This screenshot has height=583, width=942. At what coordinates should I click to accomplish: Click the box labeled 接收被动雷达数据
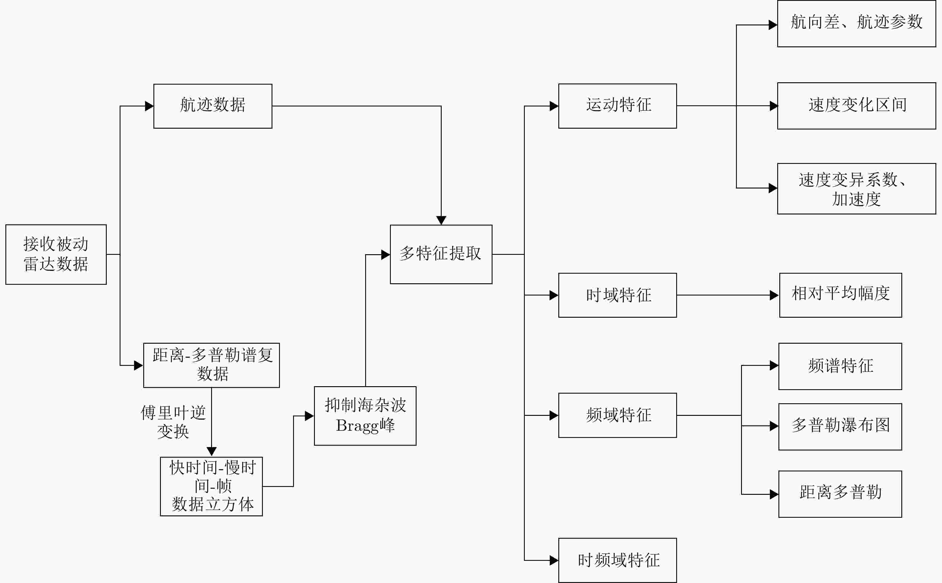coord(56,255)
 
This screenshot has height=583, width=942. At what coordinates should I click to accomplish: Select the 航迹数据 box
coord(213,106)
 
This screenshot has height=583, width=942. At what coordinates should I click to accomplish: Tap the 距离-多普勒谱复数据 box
coord(211,365)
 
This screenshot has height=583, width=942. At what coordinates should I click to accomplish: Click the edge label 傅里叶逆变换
coord(173,421)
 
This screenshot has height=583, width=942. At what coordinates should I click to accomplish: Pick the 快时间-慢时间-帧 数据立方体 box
coord(211,486)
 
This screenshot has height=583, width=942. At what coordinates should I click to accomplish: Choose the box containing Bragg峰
coord(365,416)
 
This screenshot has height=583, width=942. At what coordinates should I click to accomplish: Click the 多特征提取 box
coord(441,255)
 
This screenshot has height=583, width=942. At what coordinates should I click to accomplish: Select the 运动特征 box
coord(618,106)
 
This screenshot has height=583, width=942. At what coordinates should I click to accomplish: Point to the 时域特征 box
coord(618,295)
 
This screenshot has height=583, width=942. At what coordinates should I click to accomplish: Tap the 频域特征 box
coord(618,415)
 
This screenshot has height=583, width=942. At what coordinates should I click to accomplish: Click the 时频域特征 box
coord(618,560)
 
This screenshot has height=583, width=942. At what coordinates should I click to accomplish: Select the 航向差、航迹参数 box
coord(856,24)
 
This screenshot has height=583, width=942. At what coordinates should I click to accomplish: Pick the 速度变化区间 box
coord(856,106)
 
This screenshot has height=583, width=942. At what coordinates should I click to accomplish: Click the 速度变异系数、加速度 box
coord(856,188)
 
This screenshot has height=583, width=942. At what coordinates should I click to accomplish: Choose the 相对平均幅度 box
coord(840,295)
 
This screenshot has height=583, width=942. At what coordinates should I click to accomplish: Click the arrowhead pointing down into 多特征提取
coord(441,220)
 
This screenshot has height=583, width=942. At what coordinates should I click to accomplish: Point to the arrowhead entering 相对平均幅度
coord(774,295)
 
